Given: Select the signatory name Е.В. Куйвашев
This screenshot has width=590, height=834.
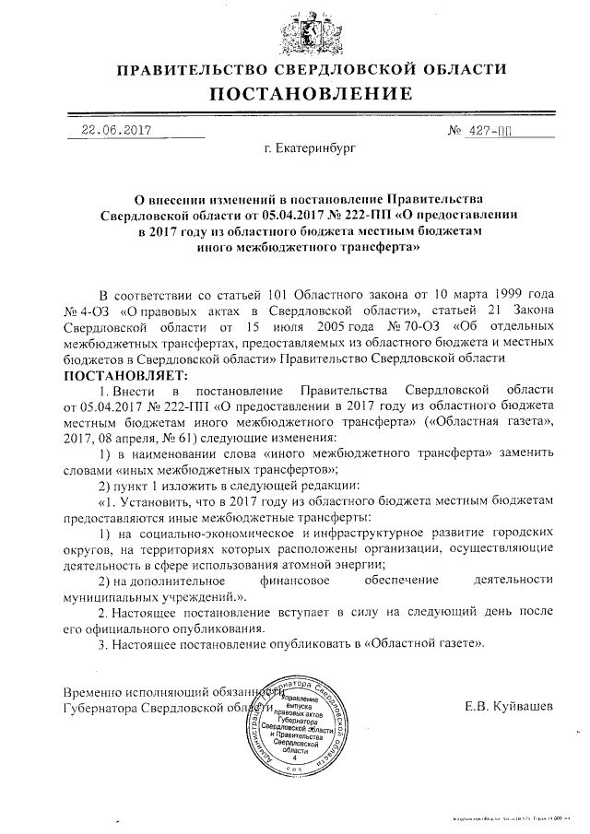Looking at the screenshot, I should pyautogui.click(x=510, y=706).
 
